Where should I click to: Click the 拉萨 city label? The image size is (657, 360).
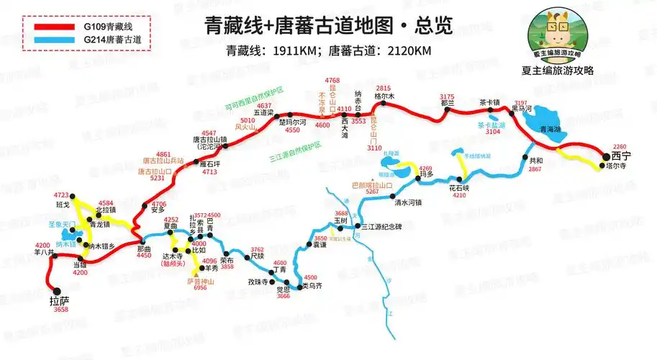point(60,300)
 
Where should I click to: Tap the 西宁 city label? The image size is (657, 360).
point(621,156)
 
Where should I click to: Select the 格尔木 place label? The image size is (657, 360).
point(384,96)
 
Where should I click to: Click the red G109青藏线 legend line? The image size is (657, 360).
point(50,27)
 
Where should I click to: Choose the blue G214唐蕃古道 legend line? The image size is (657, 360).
point(50,39)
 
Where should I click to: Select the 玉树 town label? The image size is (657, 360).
point(340,221)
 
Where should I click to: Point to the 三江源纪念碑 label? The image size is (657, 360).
point(381,228)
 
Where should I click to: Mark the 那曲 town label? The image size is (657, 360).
point(144,248)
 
